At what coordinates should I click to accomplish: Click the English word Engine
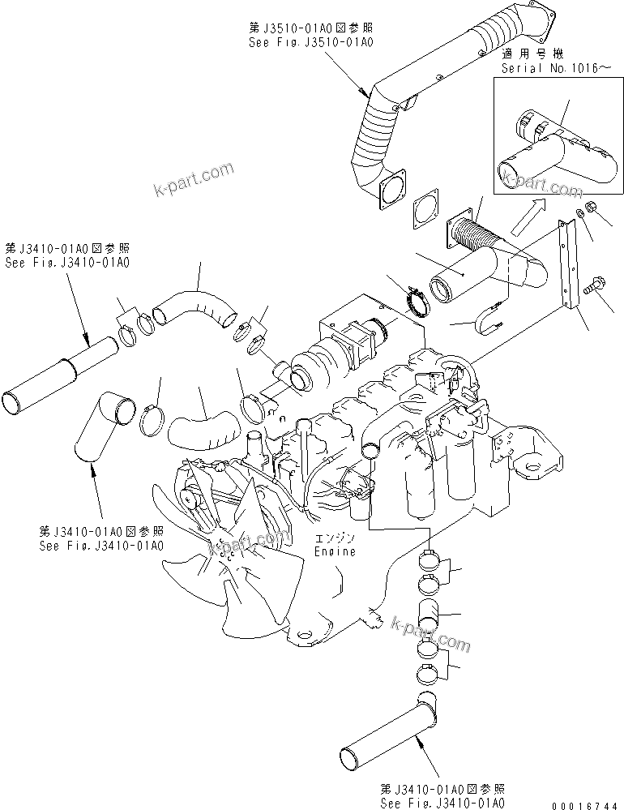click(x=335, y=551)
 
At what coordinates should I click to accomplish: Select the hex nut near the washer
click(x=591, y=208)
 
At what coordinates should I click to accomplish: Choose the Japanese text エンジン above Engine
click(x=335, y=538)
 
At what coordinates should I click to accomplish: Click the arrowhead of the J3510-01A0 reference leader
click(x=368, y=95)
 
